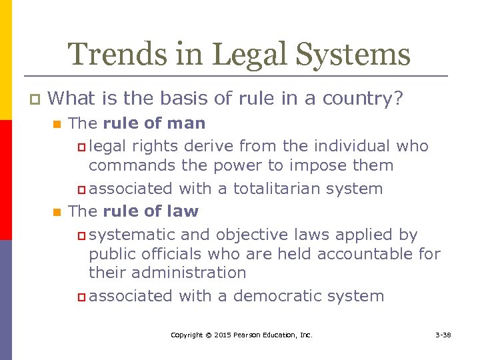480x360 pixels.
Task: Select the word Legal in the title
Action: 257,55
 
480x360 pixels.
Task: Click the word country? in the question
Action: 363,99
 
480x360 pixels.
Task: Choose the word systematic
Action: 130,235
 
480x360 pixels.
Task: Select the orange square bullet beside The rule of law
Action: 56,213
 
